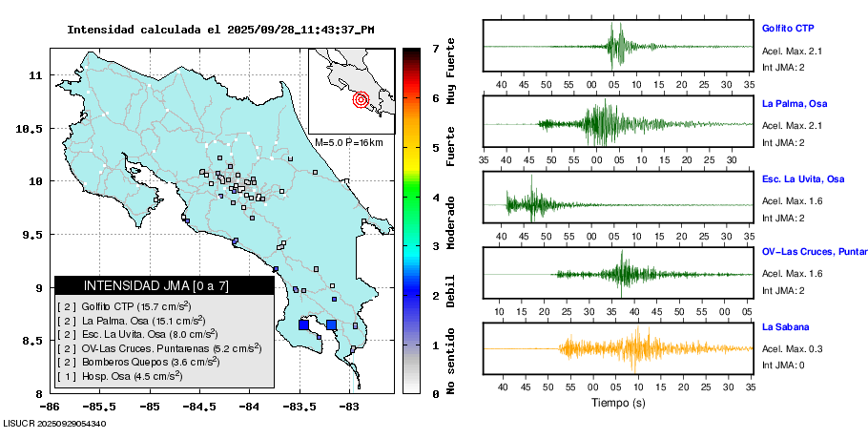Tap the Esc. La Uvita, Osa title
click(803, 179)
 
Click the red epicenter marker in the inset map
click(361, 98)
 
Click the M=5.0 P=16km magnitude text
click(348, 142)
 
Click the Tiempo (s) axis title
click(617, 403)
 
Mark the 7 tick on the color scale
click(435, 48)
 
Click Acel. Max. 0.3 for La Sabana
click(793, 348)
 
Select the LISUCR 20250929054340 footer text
click(54, 423)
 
